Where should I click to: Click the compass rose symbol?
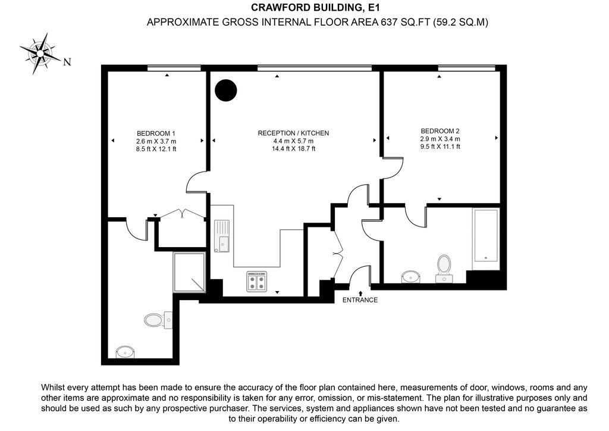click(x=40, y=53)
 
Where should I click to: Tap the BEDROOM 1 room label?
click(x=156, y=133)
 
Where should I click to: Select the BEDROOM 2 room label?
click(x=440, y=132)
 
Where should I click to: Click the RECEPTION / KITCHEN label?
click(x=293, y=133)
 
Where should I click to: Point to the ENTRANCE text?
click(x=360, y=300)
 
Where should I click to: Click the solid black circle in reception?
click(x=225, y=90)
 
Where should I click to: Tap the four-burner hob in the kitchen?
click(x=257, y=282)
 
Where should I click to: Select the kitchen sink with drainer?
click(x=222, y=236)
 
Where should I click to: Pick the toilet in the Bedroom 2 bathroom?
click(x=444, y=268)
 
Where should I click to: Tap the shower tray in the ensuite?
click(x=189, y=272)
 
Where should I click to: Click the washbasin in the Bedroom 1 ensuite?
click(x=125, y=352)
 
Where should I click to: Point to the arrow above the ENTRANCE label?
click(x=360, y=293)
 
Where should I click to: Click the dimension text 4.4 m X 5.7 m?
click(x=293, y=141)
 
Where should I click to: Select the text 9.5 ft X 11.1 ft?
click(x=440, y=146)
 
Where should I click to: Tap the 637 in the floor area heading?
click(x=389, y=22)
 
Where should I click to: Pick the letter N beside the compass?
click(x=67, y=62)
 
